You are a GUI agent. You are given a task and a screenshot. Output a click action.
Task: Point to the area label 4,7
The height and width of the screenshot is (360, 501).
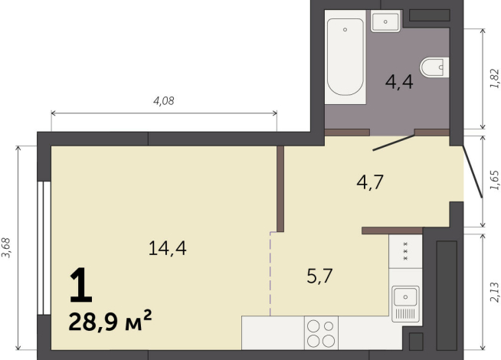[x=370, y=182]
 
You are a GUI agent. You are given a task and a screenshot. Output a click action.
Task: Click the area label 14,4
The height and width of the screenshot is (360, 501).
[x=168, y=247]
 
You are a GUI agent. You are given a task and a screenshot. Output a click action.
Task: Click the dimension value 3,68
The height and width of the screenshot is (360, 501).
[x=8, y=249]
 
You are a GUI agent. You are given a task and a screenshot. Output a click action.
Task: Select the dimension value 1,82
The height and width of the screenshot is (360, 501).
[x=493, y=80]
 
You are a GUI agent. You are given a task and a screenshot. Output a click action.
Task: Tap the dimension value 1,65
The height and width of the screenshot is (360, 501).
[x=493, y=181]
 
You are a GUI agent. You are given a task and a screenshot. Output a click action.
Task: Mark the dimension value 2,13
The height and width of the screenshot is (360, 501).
[x=493, y=294]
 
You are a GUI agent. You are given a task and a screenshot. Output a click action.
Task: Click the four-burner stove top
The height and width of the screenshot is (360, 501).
[x=320, y=334]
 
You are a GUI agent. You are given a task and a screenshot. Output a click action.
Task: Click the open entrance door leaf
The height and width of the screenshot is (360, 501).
[x=473, y=170]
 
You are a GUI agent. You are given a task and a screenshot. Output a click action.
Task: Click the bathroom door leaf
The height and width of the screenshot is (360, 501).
[x=393, y=142]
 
